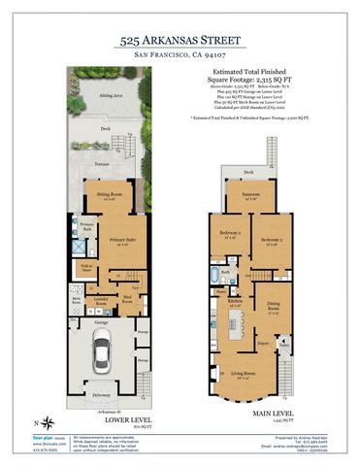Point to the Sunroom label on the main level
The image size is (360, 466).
[x=251, y=196]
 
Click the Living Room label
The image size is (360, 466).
[x=243, y=375]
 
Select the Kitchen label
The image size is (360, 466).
[x=235, y=303]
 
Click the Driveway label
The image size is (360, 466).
[x=102, y=396]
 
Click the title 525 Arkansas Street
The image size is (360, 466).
[x=180, y=42]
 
